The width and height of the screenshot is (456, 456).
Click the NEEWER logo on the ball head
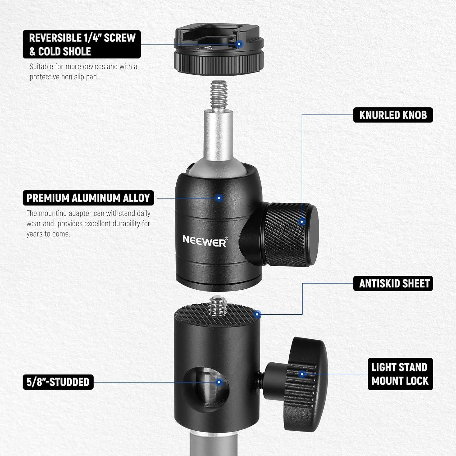click(205, 241)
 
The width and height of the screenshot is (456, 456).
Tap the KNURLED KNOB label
click(393, 115)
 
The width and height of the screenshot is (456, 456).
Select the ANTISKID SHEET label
click(393, 284)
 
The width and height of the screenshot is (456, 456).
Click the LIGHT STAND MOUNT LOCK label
click(400, 374)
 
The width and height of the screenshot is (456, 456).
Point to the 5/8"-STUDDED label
click(58, 382)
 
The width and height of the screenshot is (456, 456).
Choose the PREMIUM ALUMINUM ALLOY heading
click(88, 198)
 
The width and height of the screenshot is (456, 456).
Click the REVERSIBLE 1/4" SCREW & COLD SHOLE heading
click(82, 44)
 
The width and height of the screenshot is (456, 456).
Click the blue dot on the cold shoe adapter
click(239, 45)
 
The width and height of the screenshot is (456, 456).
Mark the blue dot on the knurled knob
click(302, 222)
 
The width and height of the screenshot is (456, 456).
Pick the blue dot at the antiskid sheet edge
click(257, 314)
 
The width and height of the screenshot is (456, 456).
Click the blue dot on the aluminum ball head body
click(219, 198)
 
